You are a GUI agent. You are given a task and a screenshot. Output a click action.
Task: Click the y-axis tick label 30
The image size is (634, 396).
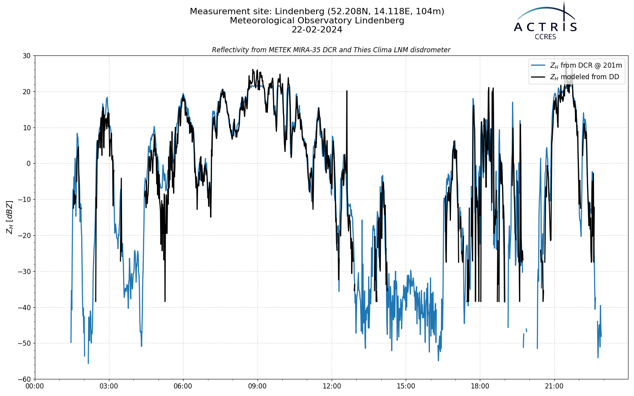tap(27, 56)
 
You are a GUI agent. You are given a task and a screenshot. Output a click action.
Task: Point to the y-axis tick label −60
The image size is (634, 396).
tap(25, 379)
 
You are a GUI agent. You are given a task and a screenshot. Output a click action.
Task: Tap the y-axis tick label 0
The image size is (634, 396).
tap(29, 164)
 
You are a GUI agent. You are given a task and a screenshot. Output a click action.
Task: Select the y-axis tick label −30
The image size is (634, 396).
tap(25, 272)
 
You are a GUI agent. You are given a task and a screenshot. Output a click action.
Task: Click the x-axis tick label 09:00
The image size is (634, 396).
tap(257, 386)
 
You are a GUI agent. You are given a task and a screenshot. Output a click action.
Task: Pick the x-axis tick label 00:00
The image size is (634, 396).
tap(35, 386)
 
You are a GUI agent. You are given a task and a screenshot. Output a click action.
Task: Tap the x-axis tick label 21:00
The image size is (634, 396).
tap(554, 386)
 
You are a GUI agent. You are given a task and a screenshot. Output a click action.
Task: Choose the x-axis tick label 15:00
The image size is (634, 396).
tap(406, 386)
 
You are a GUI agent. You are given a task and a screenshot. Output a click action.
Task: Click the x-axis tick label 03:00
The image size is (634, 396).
tap(109, 386)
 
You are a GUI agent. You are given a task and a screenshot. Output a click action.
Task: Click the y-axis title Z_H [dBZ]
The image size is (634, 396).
tap(10, 217)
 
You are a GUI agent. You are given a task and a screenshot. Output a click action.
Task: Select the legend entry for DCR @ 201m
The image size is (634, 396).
tap(586, 65)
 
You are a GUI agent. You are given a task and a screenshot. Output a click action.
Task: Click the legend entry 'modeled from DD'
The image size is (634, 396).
tap(584, 77)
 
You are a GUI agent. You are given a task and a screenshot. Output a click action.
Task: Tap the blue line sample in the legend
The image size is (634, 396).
tap(539, 65)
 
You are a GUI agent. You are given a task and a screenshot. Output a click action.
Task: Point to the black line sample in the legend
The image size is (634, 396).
tap(539, 77)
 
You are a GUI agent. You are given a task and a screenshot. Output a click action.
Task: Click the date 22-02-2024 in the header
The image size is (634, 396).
tap(317, 30)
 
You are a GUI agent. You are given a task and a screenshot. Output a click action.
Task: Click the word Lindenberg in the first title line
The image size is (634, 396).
tap(300, 11)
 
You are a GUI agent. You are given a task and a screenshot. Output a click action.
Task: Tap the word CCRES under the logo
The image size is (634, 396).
tap(545, 37)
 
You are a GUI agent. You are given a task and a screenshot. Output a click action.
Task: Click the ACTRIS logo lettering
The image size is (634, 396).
tap(545, 27)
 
